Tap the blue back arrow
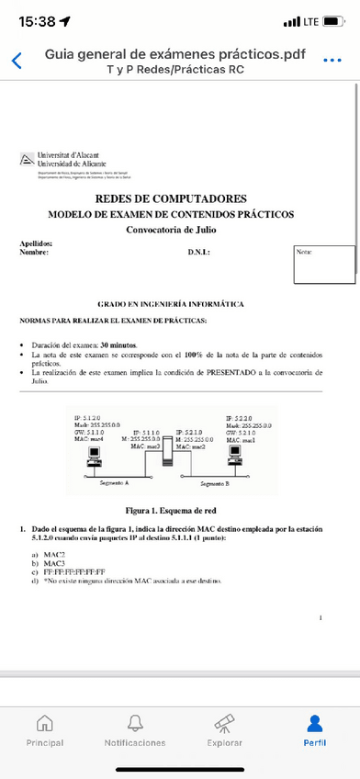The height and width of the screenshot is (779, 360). pyautogui.click(x=16, y=61)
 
